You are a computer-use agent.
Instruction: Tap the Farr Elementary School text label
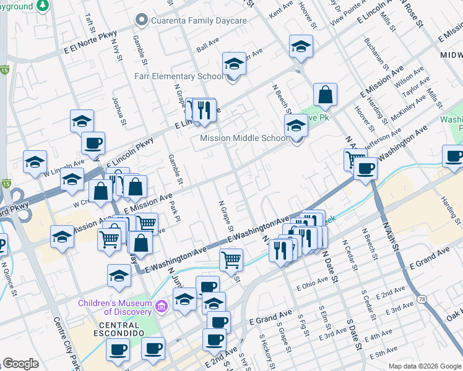(179, 77)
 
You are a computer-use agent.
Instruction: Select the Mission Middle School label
(244, 139)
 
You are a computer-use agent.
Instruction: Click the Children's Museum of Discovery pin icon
(162, 305)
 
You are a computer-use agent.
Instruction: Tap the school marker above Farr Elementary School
(234, 64)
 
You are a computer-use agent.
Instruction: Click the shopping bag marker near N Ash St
(325, 95)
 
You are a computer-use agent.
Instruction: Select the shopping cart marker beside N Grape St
(231, 260)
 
